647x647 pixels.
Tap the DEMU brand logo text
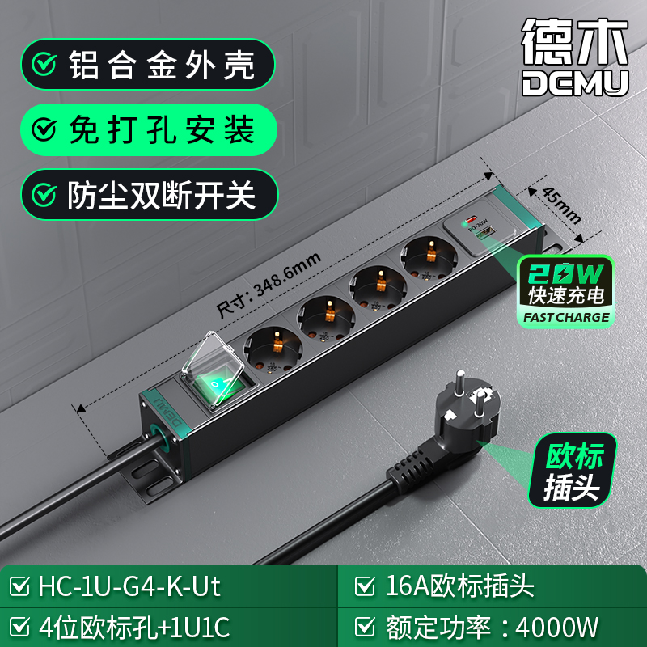[575, 83]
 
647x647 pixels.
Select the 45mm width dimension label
[561, 205]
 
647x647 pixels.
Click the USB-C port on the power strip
[471, 218]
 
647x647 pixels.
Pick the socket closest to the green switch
[273, 349]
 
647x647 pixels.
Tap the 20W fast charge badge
[566, 292]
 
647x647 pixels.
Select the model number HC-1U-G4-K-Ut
[129, 586]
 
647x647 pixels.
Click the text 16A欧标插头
[459, 586]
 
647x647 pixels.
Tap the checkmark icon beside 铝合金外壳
[44, 64]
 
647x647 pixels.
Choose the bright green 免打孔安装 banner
[149, 129]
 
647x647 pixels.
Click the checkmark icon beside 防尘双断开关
[44, 194]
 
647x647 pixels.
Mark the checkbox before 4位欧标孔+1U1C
[19, 627]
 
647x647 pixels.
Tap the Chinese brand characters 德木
[575, 41]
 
